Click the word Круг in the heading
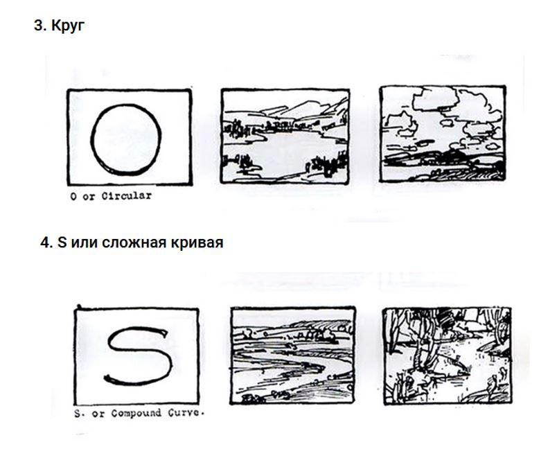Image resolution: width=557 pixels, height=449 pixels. click(x=68, y=26)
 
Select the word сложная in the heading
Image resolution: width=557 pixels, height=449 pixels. click(x=134, y=243)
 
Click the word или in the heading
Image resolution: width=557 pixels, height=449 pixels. click(x=84, y=243)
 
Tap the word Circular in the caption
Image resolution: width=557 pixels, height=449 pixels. click(x=127, y=195)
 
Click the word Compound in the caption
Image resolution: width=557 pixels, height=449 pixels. click(x=136, y=414)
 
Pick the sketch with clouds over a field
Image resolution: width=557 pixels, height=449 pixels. click(x=443, y=134)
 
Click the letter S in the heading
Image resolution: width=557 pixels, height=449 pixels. click(x=62, y=243)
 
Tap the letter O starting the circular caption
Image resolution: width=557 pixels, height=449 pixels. click(x=73, y=196)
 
